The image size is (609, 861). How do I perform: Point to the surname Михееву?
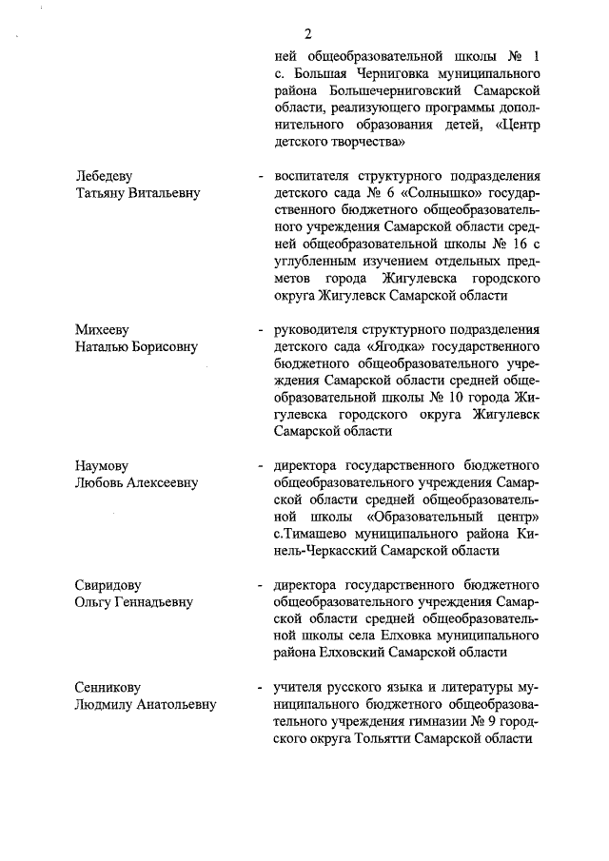pos(104,329)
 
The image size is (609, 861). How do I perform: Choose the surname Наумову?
pos(103,465)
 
